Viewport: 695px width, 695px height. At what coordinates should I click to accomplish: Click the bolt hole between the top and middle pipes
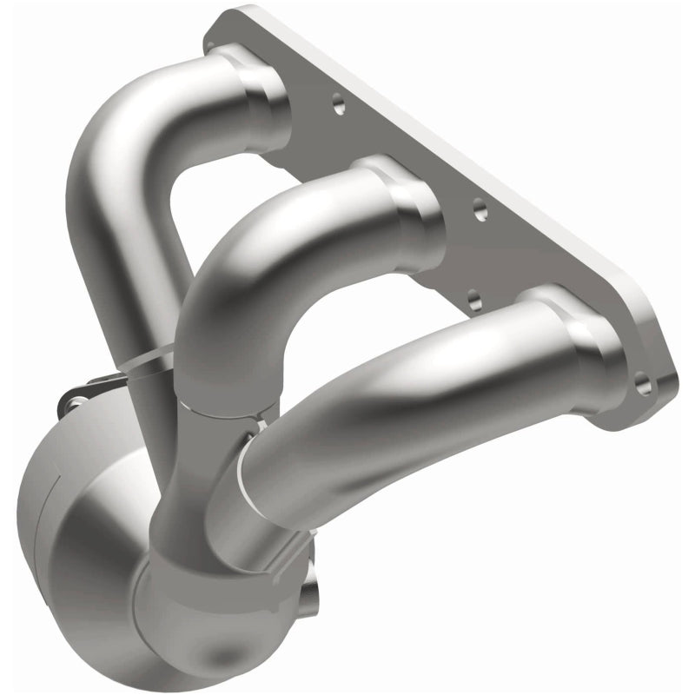338,106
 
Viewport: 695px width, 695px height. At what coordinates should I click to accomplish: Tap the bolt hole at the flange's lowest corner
643,381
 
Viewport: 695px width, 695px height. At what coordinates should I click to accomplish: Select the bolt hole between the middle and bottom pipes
474,299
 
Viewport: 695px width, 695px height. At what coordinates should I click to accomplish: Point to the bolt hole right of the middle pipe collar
480,208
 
